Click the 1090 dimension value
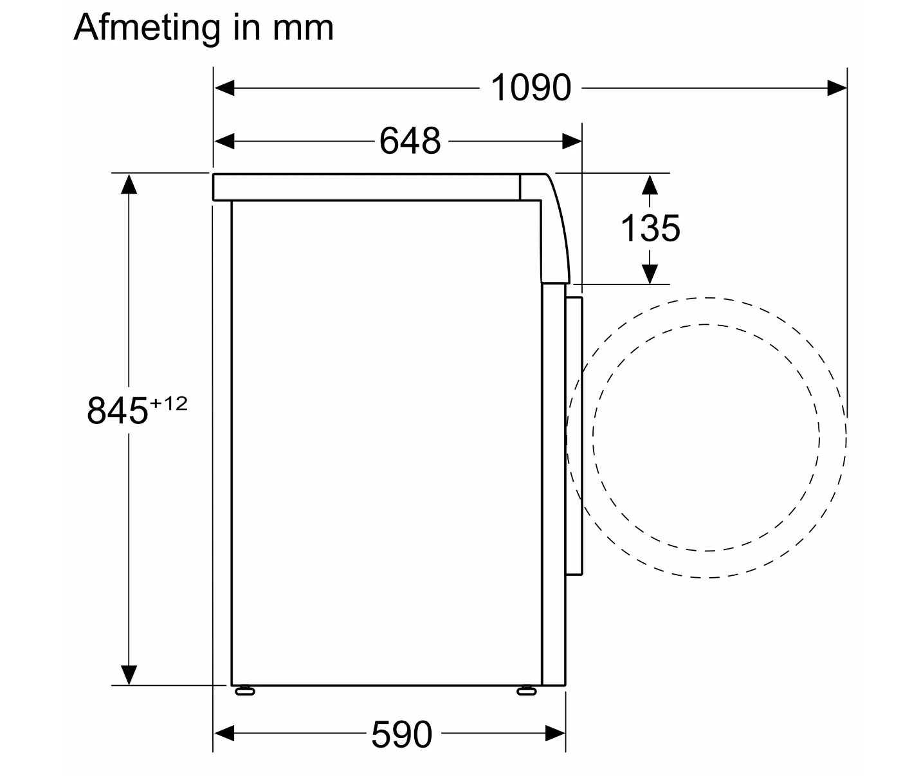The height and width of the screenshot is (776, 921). (x=531, y=88)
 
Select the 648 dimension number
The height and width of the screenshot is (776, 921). (x=410, y=142)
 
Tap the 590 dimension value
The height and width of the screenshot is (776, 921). (x=401, y=735)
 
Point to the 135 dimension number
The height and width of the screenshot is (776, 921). (x=650, y=228)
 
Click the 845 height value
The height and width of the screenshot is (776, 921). (x=117, y=411)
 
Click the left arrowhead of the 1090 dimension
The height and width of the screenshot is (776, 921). (x=224, y=88)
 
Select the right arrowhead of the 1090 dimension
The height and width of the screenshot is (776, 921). (x=837, y=88)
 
